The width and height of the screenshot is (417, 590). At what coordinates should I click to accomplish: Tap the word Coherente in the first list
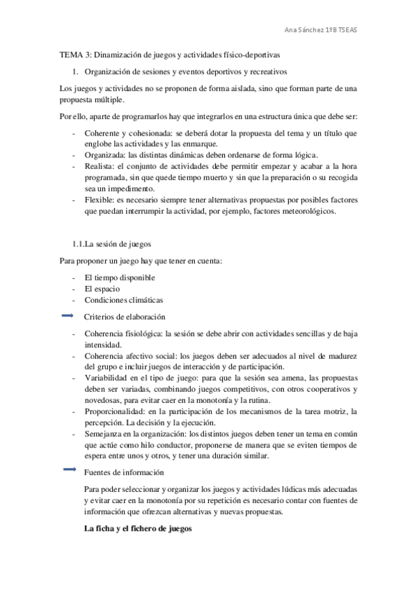click(102, 133)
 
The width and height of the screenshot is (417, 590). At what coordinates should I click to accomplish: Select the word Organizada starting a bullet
click(104, 155)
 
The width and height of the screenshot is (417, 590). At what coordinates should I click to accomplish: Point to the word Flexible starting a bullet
click(99, 200)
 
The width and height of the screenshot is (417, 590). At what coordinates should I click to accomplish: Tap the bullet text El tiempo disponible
click(120, 278)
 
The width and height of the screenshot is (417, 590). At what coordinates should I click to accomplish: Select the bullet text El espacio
click(102, 289)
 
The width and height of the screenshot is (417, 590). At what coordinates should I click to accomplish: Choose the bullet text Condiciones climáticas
click(123, 300)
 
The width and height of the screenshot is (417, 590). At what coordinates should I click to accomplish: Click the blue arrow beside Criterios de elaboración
click(68, 316)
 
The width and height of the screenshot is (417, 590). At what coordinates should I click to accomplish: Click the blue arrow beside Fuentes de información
click(68, 470)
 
